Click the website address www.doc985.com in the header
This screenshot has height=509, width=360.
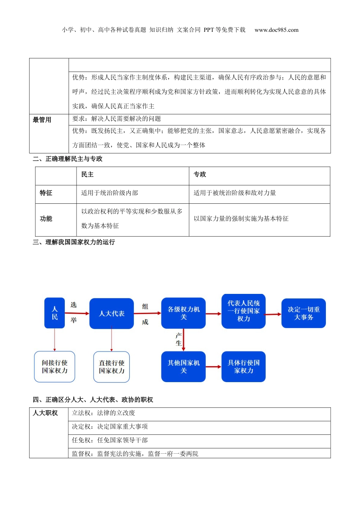276,30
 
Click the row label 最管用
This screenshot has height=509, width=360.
42,120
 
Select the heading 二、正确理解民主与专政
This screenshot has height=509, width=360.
67,159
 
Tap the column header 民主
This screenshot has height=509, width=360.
88,175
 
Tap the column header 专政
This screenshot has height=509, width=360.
200,175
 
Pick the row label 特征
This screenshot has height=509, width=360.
46,193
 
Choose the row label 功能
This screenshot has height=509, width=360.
46,219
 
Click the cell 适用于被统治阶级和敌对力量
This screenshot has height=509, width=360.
235,193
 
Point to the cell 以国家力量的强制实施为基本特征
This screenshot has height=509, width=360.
241,219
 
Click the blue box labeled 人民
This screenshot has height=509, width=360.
55,313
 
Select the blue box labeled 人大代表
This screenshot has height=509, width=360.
111,314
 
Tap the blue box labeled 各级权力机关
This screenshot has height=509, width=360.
183,313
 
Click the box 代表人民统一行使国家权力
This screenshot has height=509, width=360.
243,311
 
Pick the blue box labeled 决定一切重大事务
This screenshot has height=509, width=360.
304,313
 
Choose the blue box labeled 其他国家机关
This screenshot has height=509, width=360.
183,367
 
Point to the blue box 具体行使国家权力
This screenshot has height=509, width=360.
243,367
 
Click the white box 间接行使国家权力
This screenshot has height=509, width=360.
55,367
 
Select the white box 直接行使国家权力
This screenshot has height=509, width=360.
111,367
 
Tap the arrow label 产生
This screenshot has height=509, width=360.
178,339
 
